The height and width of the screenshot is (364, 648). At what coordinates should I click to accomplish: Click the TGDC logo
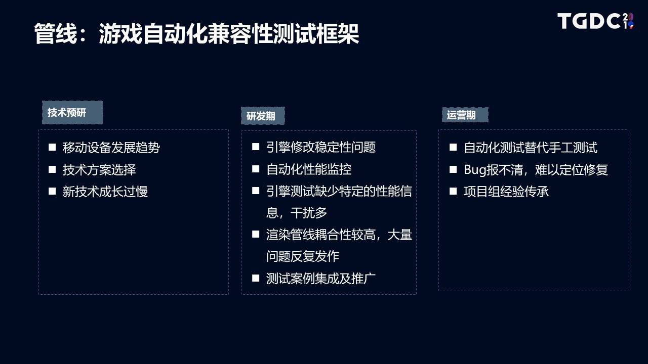[596, 21]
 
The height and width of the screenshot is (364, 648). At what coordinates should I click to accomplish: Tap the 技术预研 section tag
[72, 112]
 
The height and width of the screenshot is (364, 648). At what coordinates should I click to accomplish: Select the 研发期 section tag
[263, 116]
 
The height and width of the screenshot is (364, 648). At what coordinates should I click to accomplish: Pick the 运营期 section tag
[465, 115]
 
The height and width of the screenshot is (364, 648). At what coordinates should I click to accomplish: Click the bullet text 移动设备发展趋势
[111, 147]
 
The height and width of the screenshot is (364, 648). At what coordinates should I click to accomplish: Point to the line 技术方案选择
[99, 169]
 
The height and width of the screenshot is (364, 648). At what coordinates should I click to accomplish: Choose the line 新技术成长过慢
[105, 192]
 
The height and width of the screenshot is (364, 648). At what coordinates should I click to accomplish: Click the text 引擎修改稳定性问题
[321, 147]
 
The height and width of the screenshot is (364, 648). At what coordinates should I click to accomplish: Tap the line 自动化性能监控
[309, 169]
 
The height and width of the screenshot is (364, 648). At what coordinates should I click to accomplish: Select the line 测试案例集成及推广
[321, 279]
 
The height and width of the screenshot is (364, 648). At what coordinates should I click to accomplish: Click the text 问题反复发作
[303, 256]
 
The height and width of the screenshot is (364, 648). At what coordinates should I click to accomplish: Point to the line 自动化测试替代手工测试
[531, 147]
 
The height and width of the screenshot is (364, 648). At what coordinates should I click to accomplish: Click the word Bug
[475, 170]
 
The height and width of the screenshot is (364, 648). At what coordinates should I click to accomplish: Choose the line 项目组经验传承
[506, 192]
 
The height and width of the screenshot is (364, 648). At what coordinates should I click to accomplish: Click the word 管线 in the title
[56, 33]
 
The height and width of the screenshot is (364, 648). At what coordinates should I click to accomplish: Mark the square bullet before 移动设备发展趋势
[52, 147]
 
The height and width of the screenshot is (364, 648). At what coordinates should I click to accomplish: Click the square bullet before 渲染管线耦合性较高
[256, 234]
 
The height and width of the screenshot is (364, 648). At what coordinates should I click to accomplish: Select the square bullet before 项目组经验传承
[453, 191]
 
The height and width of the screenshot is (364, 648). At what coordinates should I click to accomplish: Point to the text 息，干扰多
[297, 213]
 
